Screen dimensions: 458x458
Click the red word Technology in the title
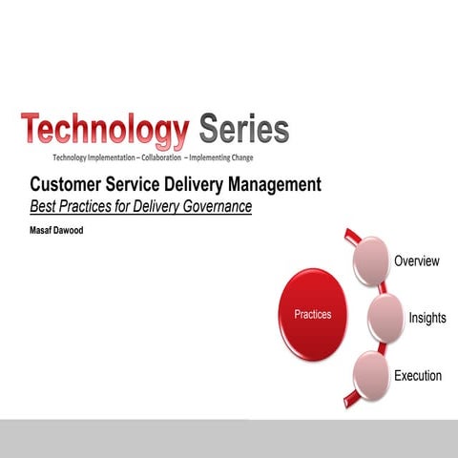click(105, 131)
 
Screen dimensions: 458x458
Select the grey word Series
click(243, 129)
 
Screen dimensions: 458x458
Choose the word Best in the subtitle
click(43, 205)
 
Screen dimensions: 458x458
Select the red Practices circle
click(313, 315)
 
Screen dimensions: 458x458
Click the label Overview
click(416, 261)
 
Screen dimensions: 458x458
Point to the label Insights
click(427, 318)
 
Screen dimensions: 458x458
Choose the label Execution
click(418, 376)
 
